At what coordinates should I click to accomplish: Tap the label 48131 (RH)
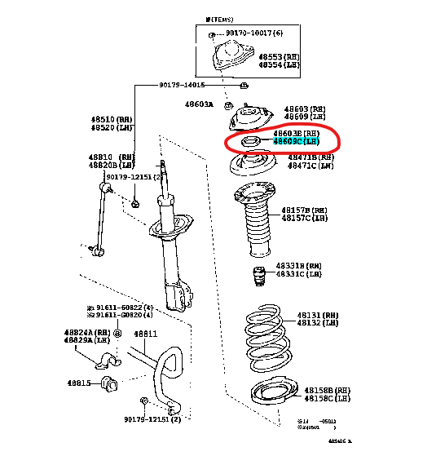[x=316, y=315]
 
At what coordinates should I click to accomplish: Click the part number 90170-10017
[x=255, y=33]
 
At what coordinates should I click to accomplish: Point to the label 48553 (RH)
[x=279, y=57]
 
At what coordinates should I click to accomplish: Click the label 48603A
[x=198, y=104]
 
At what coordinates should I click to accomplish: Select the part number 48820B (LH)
[x=111, y=165]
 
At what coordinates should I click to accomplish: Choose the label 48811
[x=145, y=334]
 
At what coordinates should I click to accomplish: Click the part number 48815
[x=79, y=382]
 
